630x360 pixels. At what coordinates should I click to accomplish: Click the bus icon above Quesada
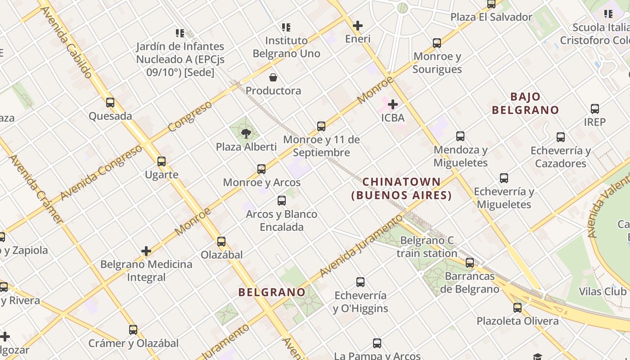point(110,103)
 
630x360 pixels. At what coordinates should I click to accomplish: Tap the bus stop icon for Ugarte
point(162,161)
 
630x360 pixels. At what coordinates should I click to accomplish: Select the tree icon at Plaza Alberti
point(246,133)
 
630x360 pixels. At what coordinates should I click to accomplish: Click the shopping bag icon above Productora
point(273,77)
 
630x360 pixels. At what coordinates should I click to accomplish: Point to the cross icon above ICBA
point(393,104)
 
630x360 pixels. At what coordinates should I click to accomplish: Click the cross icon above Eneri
point(358,26)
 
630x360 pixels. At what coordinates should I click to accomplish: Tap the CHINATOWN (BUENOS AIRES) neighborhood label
point(401,189)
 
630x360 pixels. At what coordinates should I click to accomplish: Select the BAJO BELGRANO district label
point(525,103)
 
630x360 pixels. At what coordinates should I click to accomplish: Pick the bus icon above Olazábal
point(221,241)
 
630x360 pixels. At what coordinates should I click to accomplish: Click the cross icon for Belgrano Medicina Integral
point(146,251)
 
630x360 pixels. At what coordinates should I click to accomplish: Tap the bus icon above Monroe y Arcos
point(261,169)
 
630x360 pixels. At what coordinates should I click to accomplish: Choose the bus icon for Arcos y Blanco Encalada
point(282,201)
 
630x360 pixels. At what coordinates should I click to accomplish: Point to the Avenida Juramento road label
point(361,246)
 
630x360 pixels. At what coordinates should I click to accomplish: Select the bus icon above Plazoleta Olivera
point(517,308)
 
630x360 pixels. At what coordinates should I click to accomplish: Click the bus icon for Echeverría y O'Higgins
point(360,282)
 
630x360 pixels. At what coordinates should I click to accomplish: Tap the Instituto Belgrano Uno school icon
point(286,27)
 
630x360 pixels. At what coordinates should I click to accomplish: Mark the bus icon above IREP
point(595,108)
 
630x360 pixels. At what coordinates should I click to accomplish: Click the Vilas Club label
point(602,292)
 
